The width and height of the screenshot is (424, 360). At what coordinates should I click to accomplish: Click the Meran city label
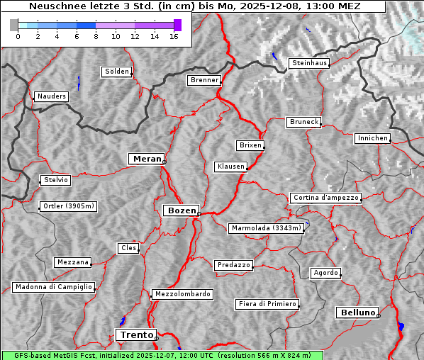147,159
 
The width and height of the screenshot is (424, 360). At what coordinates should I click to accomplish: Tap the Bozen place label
181,210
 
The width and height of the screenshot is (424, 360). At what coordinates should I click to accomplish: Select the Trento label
135,334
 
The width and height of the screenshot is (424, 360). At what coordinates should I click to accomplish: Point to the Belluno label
357,312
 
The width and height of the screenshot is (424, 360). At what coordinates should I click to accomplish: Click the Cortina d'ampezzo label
325,198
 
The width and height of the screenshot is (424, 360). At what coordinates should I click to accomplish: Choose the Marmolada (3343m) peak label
267,228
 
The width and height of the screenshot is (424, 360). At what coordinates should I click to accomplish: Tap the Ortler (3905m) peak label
67,207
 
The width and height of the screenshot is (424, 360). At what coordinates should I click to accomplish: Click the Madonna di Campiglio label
53,287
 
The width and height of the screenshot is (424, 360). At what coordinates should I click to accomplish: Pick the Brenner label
204,80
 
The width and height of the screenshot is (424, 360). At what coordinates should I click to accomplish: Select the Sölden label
117,72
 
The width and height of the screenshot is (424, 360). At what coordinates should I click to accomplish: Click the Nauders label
50,96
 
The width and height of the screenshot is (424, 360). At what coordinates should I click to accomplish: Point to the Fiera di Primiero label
267,304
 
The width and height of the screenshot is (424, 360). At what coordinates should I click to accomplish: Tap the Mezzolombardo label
182,293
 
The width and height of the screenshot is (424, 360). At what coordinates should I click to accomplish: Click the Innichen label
372,138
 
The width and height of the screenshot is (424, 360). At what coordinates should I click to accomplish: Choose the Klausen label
230,167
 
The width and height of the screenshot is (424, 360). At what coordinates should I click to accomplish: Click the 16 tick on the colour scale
174,36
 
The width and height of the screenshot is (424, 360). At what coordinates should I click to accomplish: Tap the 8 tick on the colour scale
96,36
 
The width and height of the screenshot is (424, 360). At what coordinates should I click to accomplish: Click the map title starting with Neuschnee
195,6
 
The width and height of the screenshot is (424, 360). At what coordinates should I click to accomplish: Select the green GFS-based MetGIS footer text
162,355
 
